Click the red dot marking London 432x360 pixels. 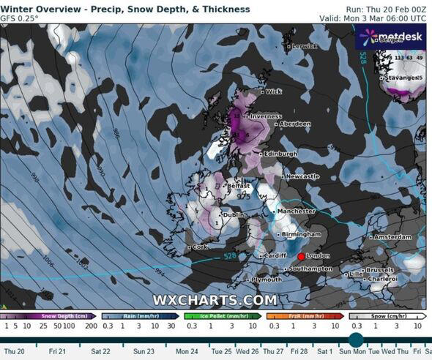[300, 257]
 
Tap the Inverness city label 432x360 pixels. [267, 116]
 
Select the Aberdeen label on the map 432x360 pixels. [296, 124]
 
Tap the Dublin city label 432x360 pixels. [235, 214]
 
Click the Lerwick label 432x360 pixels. [305, 46]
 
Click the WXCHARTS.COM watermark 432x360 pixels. [215, 300]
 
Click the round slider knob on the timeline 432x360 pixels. [356, 340]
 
